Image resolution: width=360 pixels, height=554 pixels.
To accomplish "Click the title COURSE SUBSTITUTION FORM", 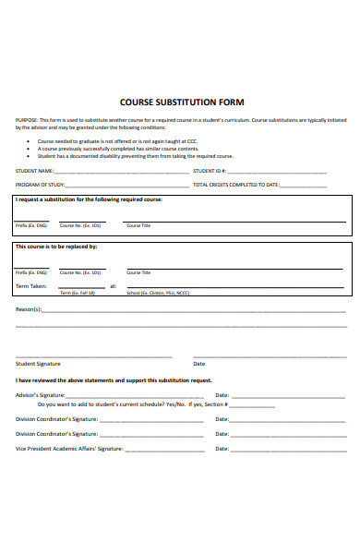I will [182, 102].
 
